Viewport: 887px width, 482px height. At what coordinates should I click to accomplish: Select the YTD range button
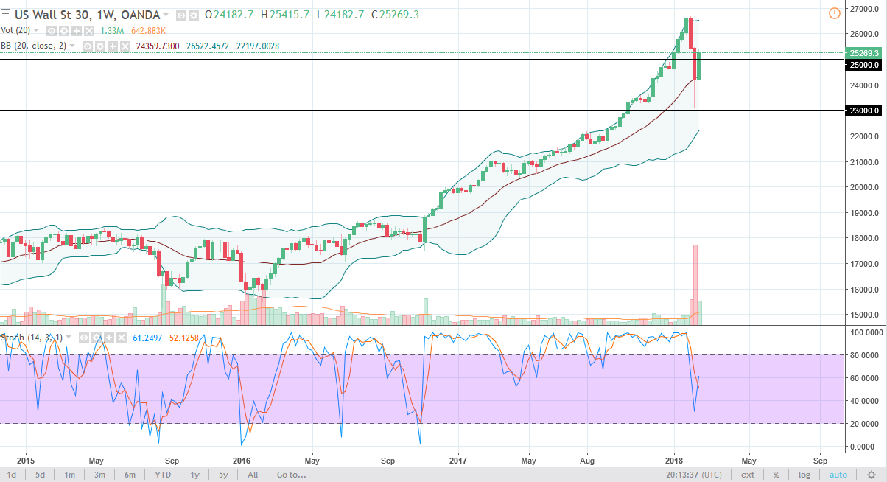163,475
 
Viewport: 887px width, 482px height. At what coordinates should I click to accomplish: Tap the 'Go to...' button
291,475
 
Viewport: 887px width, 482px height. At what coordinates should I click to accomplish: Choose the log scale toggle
804,475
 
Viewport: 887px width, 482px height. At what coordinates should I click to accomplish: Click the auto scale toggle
838,475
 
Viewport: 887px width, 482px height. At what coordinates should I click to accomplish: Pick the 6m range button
130,475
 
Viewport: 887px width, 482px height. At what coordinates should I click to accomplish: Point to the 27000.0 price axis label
863,9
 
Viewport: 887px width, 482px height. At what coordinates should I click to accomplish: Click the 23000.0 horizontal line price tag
863,111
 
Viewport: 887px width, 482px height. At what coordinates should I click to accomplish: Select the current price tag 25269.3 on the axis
863,53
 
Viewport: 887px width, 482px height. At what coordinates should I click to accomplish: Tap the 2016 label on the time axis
242,457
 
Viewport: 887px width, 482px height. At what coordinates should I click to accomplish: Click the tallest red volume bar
695,284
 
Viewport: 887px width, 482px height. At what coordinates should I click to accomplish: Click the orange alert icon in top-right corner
834,13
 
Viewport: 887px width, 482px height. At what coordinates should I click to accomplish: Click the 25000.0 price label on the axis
863,65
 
